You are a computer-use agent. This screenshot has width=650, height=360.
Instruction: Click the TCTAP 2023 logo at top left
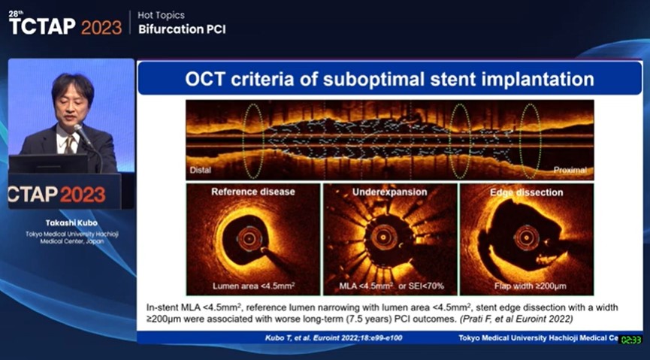[65, 26]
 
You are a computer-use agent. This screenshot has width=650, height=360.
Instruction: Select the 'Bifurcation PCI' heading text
[181, 29]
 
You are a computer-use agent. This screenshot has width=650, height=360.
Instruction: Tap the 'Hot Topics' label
[162, 15]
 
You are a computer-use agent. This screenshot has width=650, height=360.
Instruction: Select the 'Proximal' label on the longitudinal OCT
[570, 170]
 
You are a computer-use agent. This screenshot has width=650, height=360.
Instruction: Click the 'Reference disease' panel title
[252, 192]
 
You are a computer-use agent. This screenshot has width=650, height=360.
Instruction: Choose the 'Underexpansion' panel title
[390, 192]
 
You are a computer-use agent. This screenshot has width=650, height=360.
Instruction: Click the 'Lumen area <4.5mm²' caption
[252, 286]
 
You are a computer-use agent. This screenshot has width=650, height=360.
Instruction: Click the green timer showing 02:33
[630, 340]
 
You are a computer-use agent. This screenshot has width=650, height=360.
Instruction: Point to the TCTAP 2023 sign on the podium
[57, 193]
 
